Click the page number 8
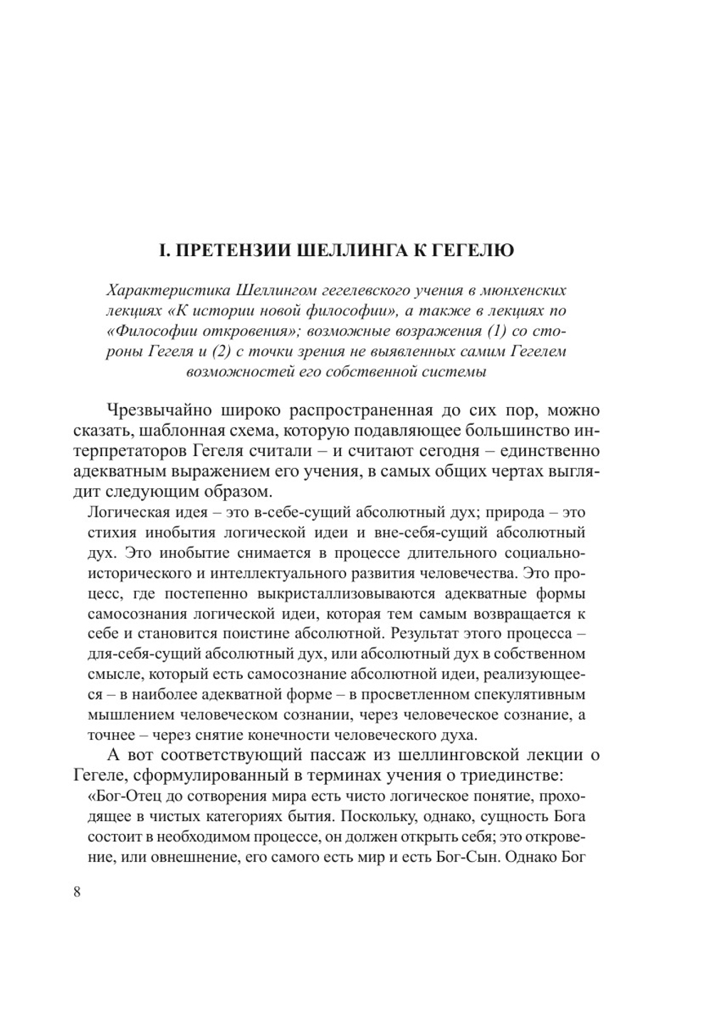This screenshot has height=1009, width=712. [x=77, y=892]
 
